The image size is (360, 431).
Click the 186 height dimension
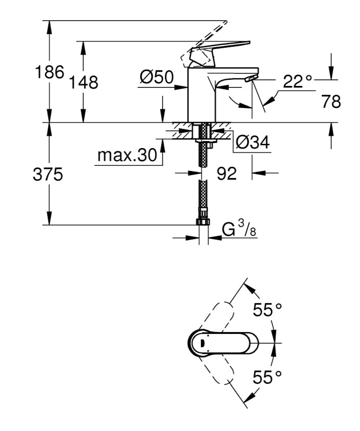coord(50,72)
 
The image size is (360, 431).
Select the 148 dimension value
coord(84,83)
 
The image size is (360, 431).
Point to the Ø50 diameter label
coord(156,77)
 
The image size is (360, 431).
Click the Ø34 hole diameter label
coord(253,142)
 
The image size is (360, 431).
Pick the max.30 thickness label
coord(127,155)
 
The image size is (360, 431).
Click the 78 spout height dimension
coord(331,101)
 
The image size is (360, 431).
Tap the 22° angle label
coord(297,82)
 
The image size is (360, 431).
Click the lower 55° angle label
coord(268,376)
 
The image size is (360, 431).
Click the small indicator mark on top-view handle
coord(202,343)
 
